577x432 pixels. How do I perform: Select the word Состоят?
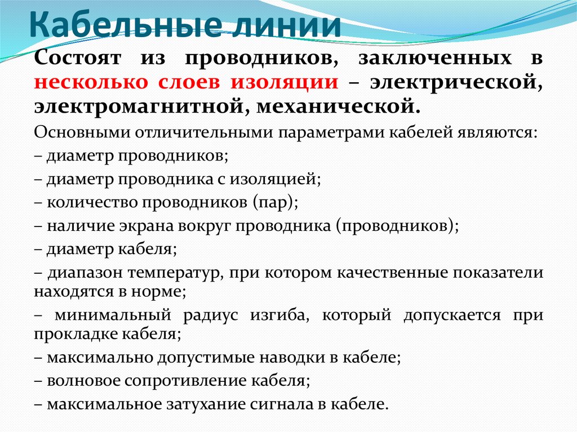tap(78, 59)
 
